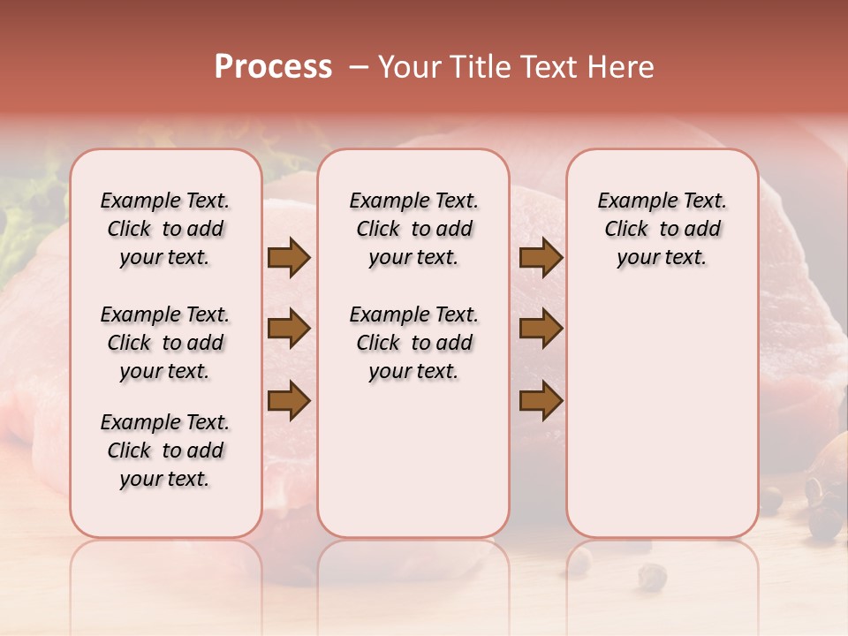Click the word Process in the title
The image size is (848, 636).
273,67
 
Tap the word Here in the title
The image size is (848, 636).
618,67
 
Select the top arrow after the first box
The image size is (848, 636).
289,258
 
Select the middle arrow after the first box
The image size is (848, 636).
289,329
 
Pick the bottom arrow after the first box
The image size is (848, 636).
289,400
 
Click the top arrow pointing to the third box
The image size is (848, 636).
541,258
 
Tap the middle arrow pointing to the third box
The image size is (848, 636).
541,329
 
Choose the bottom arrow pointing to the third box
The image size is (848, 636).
541,400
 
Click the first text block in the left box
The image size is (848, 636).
165,229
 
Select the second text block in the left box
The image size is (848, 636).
165,343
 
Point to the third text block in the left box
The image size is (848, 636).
165,450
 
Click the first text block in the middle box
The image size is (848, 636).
414,229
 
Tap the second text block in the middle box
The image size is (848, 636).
414,343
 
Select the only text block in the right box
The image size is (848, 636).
662,229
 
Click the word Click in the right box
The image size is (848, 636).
626,230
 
